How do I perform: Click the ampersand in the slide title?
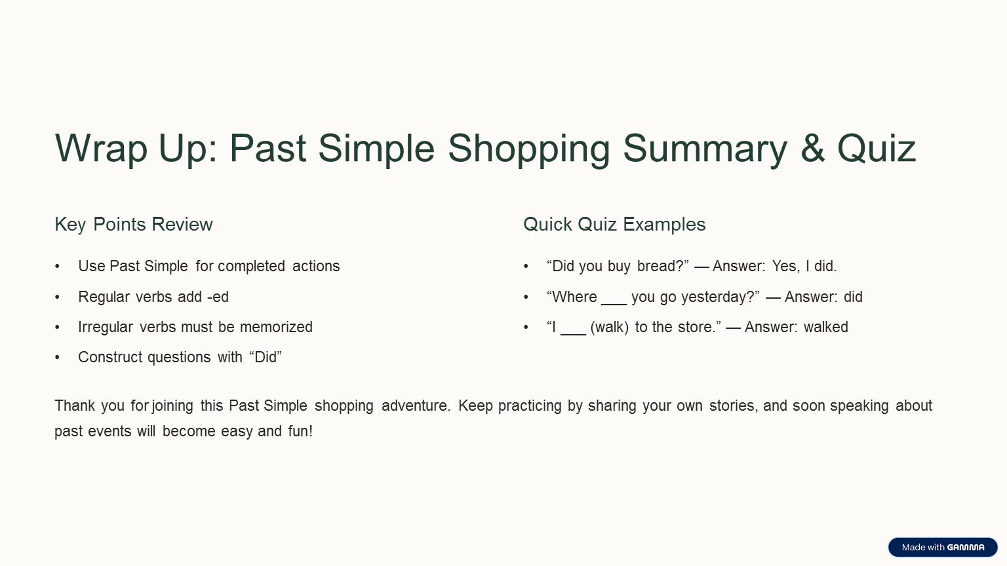pos(813,148)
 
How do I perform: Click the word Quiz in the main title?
pos(876,149)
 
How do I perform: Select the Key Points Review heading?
pos(134,225)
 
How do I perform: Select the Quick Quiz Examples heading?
pos(614,224)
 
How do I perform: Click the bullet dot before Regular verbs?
pos(57,297)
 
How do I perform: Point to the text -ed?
pos(218,297)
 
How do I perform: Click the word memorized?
pos(276,327)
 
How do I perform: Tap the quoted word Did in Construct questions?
pos(266,357)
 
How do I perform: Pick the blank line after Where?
pos(614,304)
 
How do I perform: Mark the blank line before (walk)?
pos(573,333)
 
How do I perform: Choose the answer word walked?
pos(826,327)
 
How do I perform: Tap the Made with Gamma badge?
pos(943,547)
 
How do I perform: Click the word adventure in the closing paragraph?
pos(416,406)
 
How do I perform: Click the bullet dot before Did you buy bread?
pos(526,267)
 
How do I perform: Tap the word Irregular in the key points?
pos(106,327)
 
